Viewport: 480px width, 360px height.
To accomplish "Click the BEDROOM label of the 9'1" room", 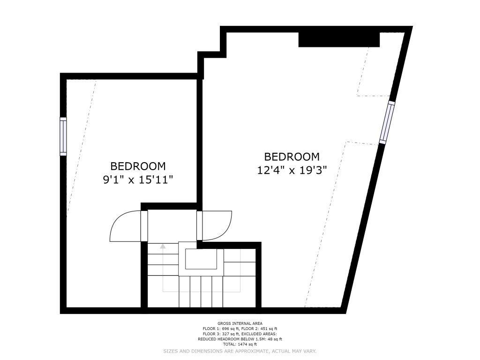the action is pos(138,166).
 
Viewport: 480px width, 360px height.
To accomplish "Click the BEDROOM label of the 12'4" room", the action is pos(292,157).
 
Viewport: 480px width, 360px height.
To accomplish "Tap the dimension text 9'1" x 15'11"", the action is pos(138,180).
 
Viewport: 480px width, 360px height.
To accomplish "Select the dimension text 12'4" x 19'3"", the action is pos(292,170).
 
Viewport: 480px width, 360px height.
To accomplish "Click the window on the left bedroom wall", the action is pos(63,136).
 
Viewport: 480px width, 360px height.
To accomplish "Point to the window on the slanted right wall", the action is pos(387,122).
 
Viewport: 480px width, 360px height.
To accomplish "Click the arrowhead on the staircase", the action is pos(163,246).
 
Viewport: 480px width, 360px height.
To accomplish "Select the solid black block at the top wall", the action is pos(339,39).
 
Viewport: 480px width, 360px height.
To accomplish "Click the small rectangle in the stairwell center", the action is pos(201,259).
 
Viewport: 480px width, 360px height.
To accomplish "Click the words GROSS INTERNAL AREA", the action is pos(240,323).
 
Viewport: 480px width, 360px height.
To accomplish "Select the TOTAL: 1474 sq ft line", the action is pos(240,345).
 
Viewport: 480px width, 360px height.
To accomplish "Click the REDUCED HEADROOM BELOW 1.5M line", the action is pos(240,339).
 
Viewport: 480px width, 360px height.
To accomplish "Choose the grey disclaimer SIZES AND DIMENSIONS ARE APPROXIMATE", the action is pos(240,351).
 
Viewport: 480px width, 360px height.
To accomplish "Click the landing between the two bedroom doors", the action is pos(172,225).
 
